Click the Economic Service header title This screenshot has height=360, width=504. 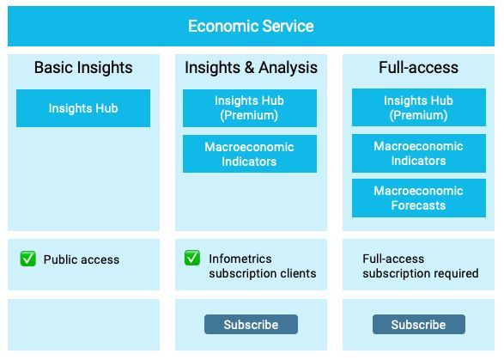[251, 26]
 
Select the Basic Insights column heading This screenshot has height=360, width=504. [83, 67]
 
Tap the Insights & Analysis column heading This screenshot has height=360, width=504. [251, 67]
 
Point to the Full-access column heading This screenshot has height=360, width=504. [418, 67]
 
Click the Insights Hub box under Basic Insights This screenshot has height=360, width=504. [83, 108]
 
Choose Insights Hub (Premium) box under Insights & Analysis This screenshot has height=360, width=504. [249, 108]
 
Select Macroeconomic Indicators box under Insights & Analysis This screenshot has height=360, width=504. [249, 154]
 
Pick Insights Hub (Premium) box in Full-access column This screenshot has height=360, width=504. [418, 108]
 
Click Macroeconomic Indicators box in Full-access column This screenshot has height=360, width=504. [418, 154]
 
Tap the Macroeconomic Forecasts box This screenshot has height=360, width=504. [418, 198]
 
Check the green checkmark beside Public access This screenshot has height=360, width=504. [28, 259]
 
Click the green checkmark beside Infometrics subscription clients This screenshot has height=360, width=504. [192, 258]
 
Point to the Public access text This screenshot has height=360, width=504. [82, 259]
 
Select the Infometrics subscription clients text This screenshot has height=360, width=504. [262, 265]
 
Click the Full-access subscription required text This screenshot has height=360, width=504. [420, 265]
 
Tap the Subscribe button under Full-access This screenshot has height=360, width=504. [418, 325]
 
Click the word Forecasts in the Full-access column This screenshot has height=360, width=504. [418, 205]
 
